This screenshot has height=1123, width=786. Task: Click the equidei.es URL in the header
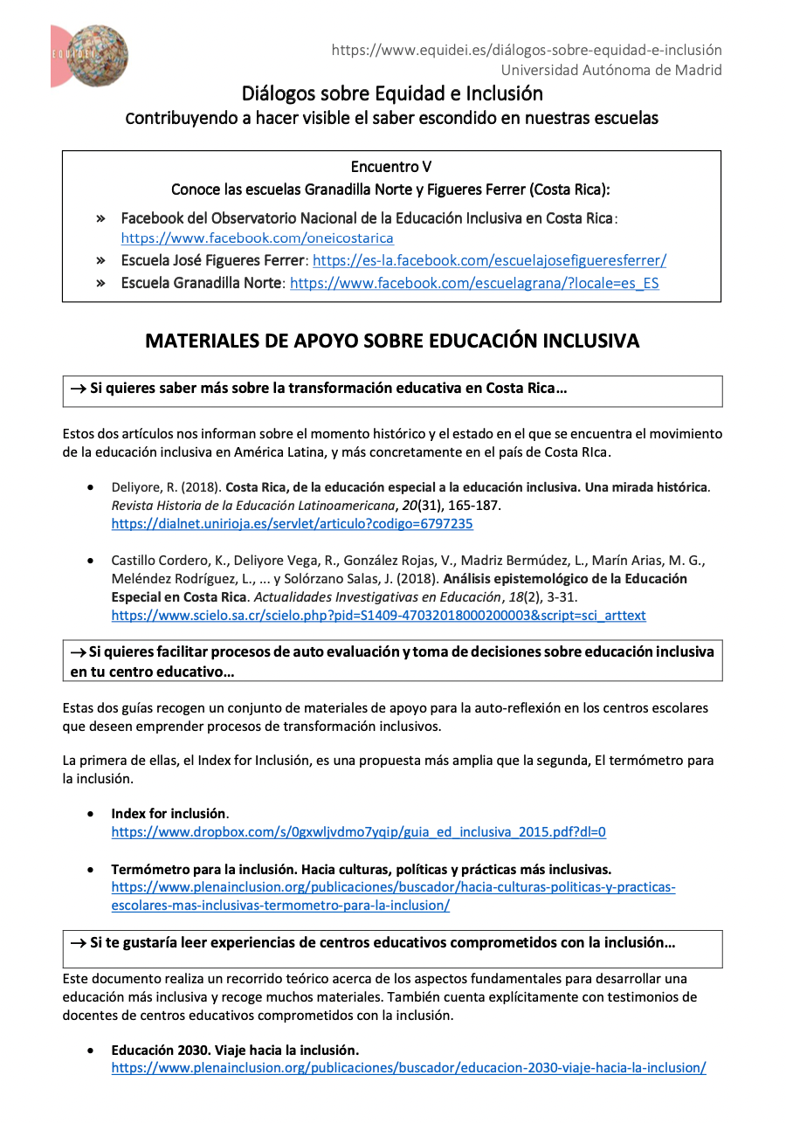pos(526,50)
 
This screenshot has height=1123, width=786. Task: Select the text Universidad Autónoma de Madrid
pos(611,70)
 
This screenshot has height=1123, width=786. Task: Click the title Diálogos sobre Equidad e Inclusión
pos(392,93)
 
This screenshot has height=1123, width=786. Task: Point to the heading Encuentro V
pos(391,166)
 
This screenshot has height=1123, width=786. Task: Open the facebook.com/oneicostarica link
pos(257,238)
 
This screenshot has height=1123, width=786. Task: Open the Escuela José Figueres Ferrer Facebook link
pos(489,260)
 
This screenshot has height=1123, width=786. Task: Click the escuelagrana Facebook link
pos(474,283)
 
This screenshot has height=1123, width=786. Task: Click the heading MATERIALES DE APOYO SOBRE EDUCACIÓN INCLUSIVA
pos(392,341)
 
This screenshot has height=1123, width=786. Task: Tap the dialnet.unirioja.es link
pos(292,524)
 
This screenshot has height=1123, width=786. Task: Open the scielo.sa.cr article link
pos(378,616)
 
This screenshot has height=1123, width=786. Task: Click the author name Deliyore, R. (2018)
pos(166,487)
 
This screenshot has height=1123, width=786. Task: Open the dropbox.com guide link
pos(358,832)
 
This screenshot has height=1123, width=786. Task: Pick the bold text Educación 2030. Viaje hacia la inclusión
pos(235,1050)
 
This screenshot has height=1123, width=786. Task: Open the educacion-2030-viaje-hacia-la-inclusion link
pos(408,1068)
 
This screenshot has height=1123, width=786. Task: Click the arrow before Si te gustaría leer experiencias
pos(78,943)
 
